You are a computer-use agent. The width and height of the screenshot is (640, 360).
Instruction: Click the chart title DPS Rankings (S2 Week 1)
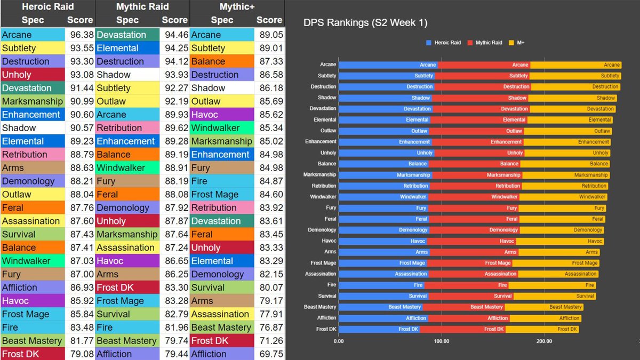365,23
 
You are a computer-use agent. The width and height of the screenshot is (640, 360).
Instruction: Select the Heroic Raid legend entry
443,42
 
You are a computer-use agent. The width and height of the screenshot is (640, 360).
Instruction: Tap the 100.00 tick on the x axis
441,341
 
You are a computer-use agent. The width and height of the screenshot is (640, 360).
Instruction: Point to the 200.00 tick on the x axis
544,341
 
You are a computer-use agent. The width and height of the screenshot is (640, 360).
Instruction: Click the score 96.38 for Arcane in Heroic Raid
79,35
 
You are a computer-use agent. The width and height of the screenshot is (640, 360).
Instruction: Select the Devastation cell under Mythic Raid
127,35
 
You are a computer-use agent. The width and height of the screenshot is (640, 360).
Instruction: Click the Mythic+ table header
236,7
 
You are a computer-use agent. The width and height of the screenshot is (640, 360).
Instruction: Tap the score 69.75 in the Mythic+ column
269,354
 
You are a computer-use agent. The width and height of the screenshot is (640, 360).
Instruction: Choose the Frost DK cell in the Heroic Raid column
32,354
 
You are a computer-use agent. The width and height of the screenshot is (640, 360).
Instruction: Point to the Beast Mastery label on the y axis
320,307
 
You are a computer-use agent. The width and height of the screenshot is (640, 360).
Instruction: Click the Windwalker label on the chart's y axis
323,197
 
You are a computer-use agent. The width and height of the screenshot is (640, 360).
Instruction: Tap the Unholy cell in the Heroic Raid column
32,75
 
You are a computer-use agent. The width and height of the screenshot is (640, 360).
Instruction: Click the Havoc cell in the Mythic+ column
222,115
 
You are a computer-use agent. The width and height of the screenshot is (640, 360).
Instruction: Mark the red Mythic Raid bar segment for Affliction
469,318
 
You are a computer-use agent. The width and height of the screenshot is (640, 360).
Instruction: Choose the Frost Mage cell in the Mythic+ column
222,194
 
